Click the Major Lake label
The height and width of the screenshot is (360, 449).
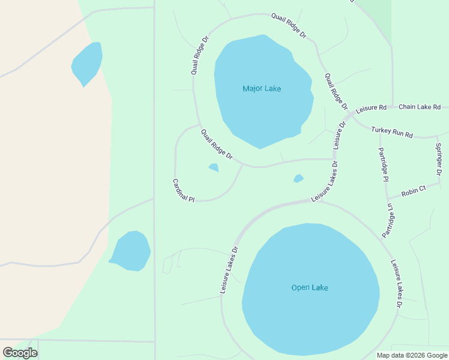click(262, 89)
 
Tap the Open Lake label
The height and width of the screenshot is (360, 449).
click(310, 287)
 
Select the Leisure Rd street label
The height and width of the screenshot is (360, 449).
click(371, 109)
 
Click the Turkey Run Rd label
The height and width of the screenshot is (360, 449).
click(393, 131)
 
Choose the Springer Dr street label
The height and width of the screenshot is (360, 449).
click(439, 155)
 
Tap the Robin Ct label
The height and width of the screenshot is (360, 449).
click(413, 190)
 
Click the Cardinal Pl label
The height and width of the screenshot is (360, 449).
click(184, 190)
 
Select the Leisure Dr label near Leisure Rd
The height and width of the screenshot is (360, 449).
click(339, 136)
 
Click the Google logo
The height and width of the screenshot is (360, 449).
click(20, 352)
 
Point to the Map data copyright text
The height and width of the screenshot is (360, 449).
click(412, 355)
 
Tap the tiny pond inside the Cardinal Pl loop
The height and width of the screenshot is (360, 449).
click(213, 167)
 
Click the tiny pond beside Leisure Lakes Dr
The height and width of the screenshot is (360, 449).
click(298, 178)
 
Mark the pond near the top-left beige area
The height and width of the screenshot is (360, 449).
click(87, 63)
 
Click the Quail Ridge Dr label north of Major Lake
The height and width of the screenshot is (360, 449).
click(288, 26)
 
